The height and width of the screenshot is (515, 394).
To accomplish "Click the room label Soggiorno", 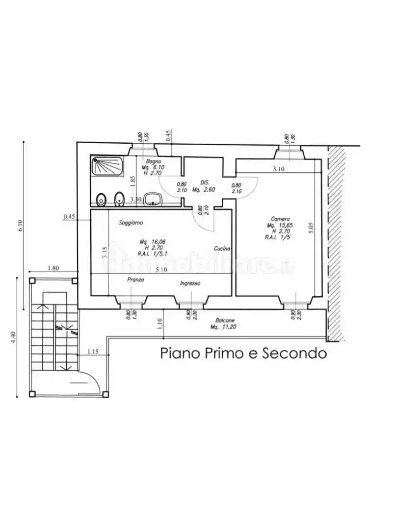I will pyautogui.click(x=131, y=223).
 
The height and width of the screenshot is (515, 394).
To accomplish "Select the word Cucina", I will pyautogui.click(x=222, y=249).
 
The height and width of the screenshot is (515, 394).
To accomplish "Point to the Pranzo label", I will pyautogui.click(x=135, y=279).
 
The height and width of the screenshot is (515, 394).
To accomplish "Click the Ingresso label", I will pyautogui.click(x=190, y=283).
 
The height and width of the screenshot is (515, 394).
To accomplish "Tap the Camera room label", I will pyautogui.click(x=280, y=219).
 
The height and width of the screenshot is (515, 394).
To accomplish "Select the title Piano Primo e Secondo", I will pyautogui.click(x=243, y=353).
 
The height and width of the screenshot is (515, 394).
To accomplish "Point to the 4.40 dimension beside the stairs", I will pyautogui.click(x=14, y=337).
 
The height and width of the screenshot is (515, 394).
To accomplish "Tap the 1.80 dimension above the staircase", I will pyautogui.click(x=53, y=268).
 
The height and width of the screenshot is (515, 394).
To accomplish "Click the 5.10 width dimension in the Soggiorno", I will pyautogui.click(x=160, y=270).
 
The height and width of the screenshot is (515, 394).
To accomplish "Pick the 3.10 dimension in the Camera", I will pyautogui.click(x=279, y=169).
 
